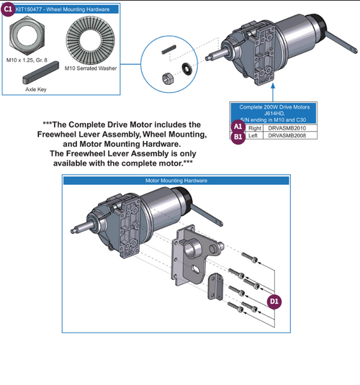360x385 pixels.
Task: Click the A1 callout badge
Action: [238, 127]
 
